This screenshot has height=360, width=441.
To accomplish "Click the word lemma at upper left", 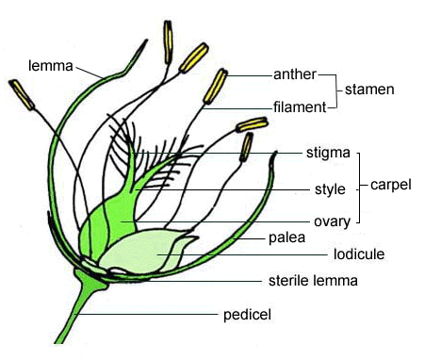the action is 51,66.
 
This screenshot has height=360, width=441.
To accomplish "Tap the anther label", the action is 295,74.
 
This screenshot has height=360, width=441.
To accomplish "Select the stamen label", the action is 369,90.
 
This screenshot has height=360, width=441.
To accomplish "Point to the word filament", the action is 300,107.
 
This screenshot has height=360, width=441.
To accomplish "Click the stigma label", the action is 328,153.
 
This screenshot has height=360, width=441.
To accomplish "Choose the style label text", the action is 330,189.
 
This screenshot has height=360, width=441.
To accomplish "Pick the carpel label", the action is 391,185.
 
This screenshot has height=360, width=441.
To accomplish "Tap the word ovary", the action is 332,221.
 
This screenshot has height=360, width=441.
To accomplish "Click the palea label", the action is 286,237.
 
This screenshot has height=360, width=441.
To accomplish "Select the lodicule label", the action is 359,254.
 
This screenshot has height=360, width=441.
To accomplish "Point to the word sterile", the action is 286,281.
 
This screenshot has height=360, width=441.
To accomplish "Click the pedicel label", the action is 247,315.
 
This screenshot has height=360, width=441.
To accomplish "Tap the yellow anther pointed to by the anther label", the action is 215,87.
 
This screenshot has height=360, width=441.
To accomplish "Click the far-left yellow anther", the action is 22,94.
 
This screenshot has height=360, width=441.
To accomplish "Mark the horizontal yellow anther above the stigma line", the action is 252,124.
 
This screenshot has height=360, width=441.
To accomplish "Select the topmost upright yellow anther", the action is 169,41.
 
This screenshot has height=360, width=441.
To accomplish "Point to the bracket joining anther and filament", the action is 336,91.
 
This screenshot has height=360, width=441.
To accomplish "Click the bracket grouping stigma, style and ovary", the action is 359,188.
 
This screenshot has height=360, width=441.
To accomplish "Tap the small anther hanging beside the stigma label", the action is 247,147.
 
